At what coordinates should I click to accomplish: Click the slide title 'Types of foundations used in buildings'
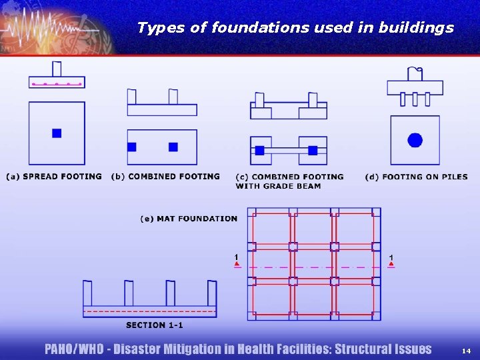[295, 27]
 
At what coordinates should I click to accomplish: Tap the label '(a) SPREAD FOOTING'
[54, 177]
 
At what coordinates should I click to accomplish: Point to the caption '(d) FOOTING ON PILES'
[416, 177]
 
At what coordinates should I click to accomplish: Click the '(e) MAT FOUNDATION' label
[189, 219]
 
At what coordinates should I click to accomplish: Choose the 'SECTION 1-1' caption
[154, 325]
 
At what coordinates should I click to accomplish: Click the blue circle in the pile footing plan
[415, 140]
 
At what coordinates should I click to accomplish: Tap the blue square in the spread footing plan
[57, 133]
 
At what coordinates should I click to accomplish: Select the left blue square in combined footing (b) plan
[132, 147]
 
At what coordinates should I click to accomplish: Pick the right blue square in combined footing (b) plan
[173, 147]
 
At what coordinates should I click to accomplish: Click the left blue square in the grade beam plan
[259, 151]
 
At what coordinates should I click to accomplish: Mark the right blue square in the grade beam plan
[312, 151]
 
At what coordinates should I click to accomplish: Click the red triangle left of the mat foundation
[237, 265]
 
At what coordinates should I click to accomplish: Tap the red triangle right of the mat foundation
[391, 265]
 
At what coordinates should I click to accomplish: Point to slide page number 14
[466, 350]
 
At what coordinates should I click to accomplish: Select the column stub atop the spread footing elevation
[57, 69]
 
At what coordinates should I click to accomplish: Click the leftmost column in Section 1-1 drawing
[87, 293]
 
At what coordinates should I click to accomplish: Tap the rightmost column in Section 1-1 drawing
[211, 293]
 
